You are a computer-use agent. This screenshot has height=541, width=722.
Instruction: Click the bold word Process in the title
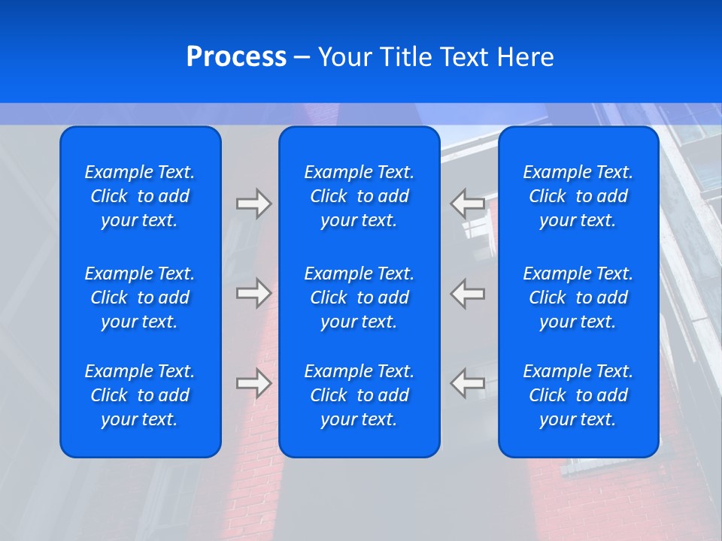pos(236,57)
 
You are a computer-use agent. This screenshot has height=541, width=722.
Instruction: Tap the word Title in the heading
pos(407,57)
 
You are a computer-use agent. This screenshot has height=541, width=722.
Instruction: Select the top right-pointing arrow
pos(253,203)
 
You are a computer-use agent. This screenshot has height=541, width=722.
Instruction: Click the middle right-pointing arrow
pos(253,292)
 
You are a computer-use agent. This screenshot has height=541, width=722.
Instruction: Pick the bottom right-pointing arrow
pos(253,382)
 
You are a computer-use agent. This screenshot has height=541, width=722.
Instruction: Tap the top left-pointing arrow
pos(468,203)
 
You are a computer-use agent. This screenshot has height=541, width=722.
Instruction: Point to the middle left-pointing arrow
pos(468,292)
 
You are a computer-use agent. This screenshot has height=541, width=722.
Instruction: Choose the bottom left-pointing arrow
pos(468,382)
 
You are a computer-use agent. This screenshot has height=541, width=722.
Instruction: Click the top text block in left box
pos(140,196)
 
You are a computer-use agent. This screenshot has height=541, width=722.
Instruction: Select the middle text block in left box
pos(140,298)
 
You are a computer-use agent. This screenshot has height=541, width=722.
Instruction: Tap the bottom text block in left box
pos(140,395)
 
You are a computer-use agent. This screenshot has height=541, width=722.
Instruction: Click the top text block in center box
pos(359,196)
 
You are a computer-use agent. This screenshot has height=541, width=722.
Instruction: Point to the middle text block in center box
pos(359,298)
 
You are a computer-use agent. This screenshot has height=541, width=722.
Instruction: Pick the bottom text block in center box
pos(359,395)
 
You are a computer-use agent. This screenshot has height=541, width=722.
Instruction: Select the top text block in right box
pos(578,196)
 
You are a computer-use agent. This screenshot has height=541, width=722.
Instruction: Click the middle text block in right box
pos(578,298)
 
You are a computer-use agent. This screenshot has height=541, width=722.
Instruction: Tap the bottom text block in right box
pos(578,395)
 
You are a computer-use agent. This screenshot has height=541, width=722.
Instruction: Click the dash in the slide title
pos(302,58)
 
